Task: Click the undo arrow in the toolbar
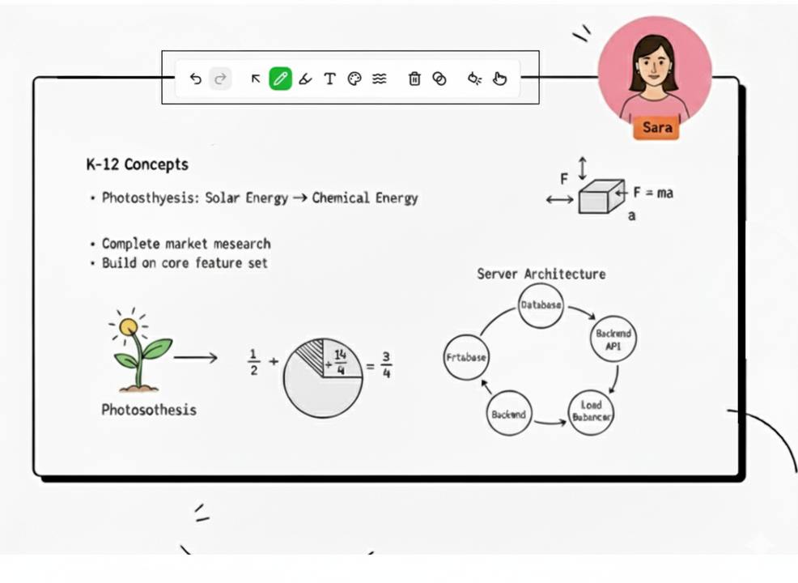tap(195, 79)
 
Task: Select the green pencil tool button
tap(280, 79)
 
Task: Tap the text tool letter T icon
tap(329, 79)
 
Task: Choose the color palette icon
tap(354, 79)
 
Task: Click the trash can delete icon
tap(414, 79)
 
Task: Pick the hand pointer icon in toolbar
tap(499, 79)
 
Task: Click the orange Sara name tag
tap(657, 128)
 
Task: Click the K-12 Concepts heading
tap(137, 164)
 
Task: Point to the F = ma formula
tap(653, 194)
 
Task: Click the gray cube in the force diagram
tap(601, 197)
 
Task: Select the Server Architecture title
tap(541, 274)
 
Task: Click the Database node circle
tap(541, 306)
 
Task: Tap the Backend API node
tap(613, 339)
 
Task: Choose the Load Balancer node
tap(591, 411)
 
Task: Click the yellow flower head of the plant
tap(129, 326)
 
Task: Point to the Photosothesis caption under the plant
tap(149, 410)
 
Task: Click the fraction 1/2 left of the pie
tap(253, 364)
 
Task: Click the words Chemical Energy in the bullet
tap(365, 198)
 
